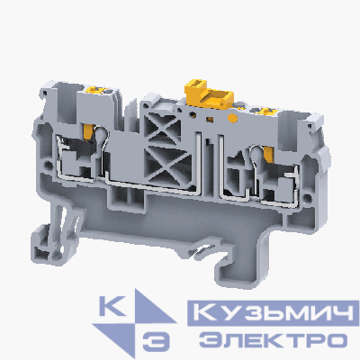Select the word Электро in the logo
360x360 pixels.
coord(271,340)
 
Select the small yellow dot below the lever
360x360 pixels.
coord(211,115)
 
